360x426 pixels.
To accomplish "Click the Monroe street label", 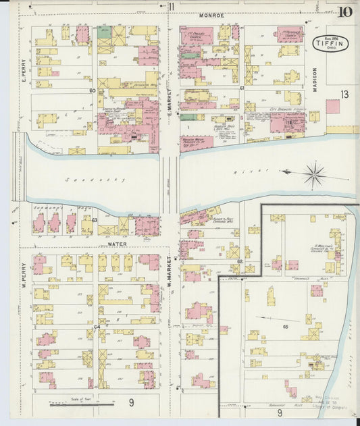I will pyautogui.click(x=212, y=15).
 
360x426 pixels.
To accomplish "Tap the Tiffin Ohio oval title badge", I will pyautogui.click(x=327, y=45).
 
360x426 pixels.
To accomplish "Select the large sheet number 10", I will pyautogui.click(x=345, y=11).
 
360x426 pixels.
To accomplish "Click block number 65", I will pyautogui.click(x=286, y=326).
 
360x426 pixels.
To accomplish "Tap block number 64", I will pyautogui.click(x=97, y=327).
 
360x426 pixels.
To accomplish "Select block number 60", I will pyautogui.click(x=92, y=90).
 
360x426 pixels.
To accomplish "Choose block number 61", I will pyautogui.click(x=242, y=88).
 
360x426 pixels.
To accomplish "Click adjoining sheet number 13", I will pyautogui.click(x=344, y=95).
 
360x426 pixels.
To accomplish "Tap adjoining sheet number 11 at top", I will pyautogui.click(x=172, y=7).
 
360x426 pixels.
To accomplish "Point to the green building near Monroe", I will pyautogui.click(x=104, y=31).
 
